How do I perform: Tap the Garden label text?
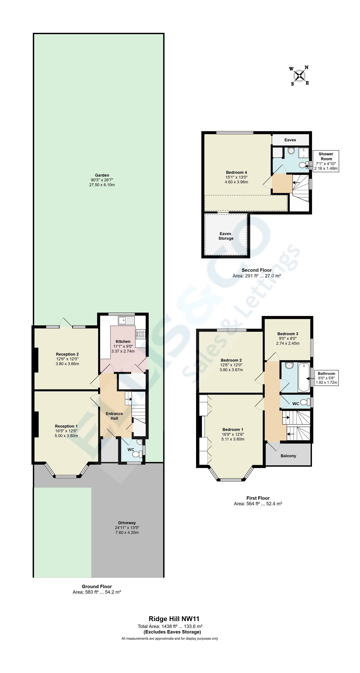102,175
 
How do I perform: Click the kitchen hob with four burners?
140,334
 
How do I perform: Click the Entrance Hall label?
114,416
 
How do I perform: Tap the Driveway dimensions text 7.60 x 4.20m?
127,532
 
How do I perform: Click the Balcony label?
288,456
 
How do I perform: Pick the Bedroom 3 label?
288,334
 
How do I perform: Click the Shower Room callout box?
326,161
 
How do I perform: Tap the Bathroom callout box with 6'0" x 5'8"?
326,378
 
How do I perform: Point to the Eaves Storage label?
226,236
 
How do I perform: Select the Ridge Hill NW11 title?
174,619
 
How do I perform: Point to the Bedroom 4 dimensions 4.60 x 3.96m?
236,182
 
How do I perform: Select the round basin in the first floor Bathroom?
289,365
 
